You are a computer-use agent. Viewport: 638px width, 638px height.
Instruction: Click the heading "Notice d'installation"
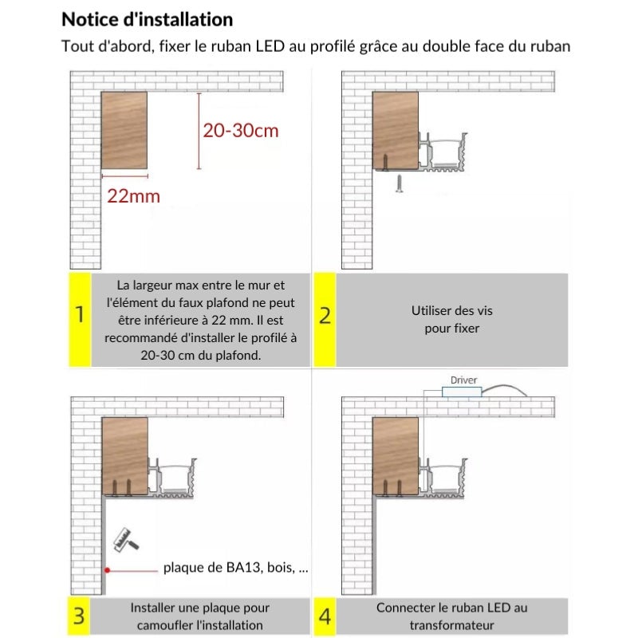[x=148, y=19]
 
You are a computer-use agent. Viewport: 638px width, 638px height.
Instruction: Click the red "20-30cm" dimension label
[x=241, y=131]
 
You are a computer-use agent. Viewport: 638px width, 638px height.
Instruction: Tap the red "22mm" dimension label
[x=133, y=195]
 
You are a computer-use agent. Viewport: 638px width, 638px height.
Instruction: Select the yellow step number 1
[x=79, y=315]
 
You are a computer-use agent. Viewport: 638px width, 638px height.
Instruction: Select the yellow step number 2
[x=325, y=315]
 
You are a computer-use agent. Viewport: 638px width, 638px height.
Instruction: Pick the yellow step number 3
[x=79, y=616]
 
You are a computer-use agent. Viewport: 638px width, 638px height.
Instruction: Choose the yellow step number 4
[x=325, y=616]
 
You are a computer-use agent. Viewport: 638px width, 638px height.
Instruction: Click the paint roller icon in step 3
[x=125, y=538]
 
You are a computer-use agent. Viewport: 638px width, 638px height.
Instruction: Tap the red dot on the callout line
[x=105, y=569]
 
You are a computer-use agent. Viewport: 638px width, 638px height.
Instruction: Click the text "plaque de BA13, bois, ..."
[x=235, y=569]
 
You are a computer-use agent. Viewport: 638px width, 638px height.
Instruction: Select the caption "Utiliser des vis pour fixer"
[x=446, y=320]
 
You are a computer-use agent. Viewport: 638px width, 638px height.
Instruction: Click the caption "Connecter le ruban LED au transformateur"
[x=451, y=616]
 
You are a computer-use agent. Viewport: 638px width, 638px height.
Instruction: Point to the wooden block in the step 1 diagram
[x=124, y=131]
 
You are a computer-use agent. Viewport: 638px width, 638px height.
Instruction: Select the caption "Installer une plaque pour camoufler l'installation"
[x=199, y=616]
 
